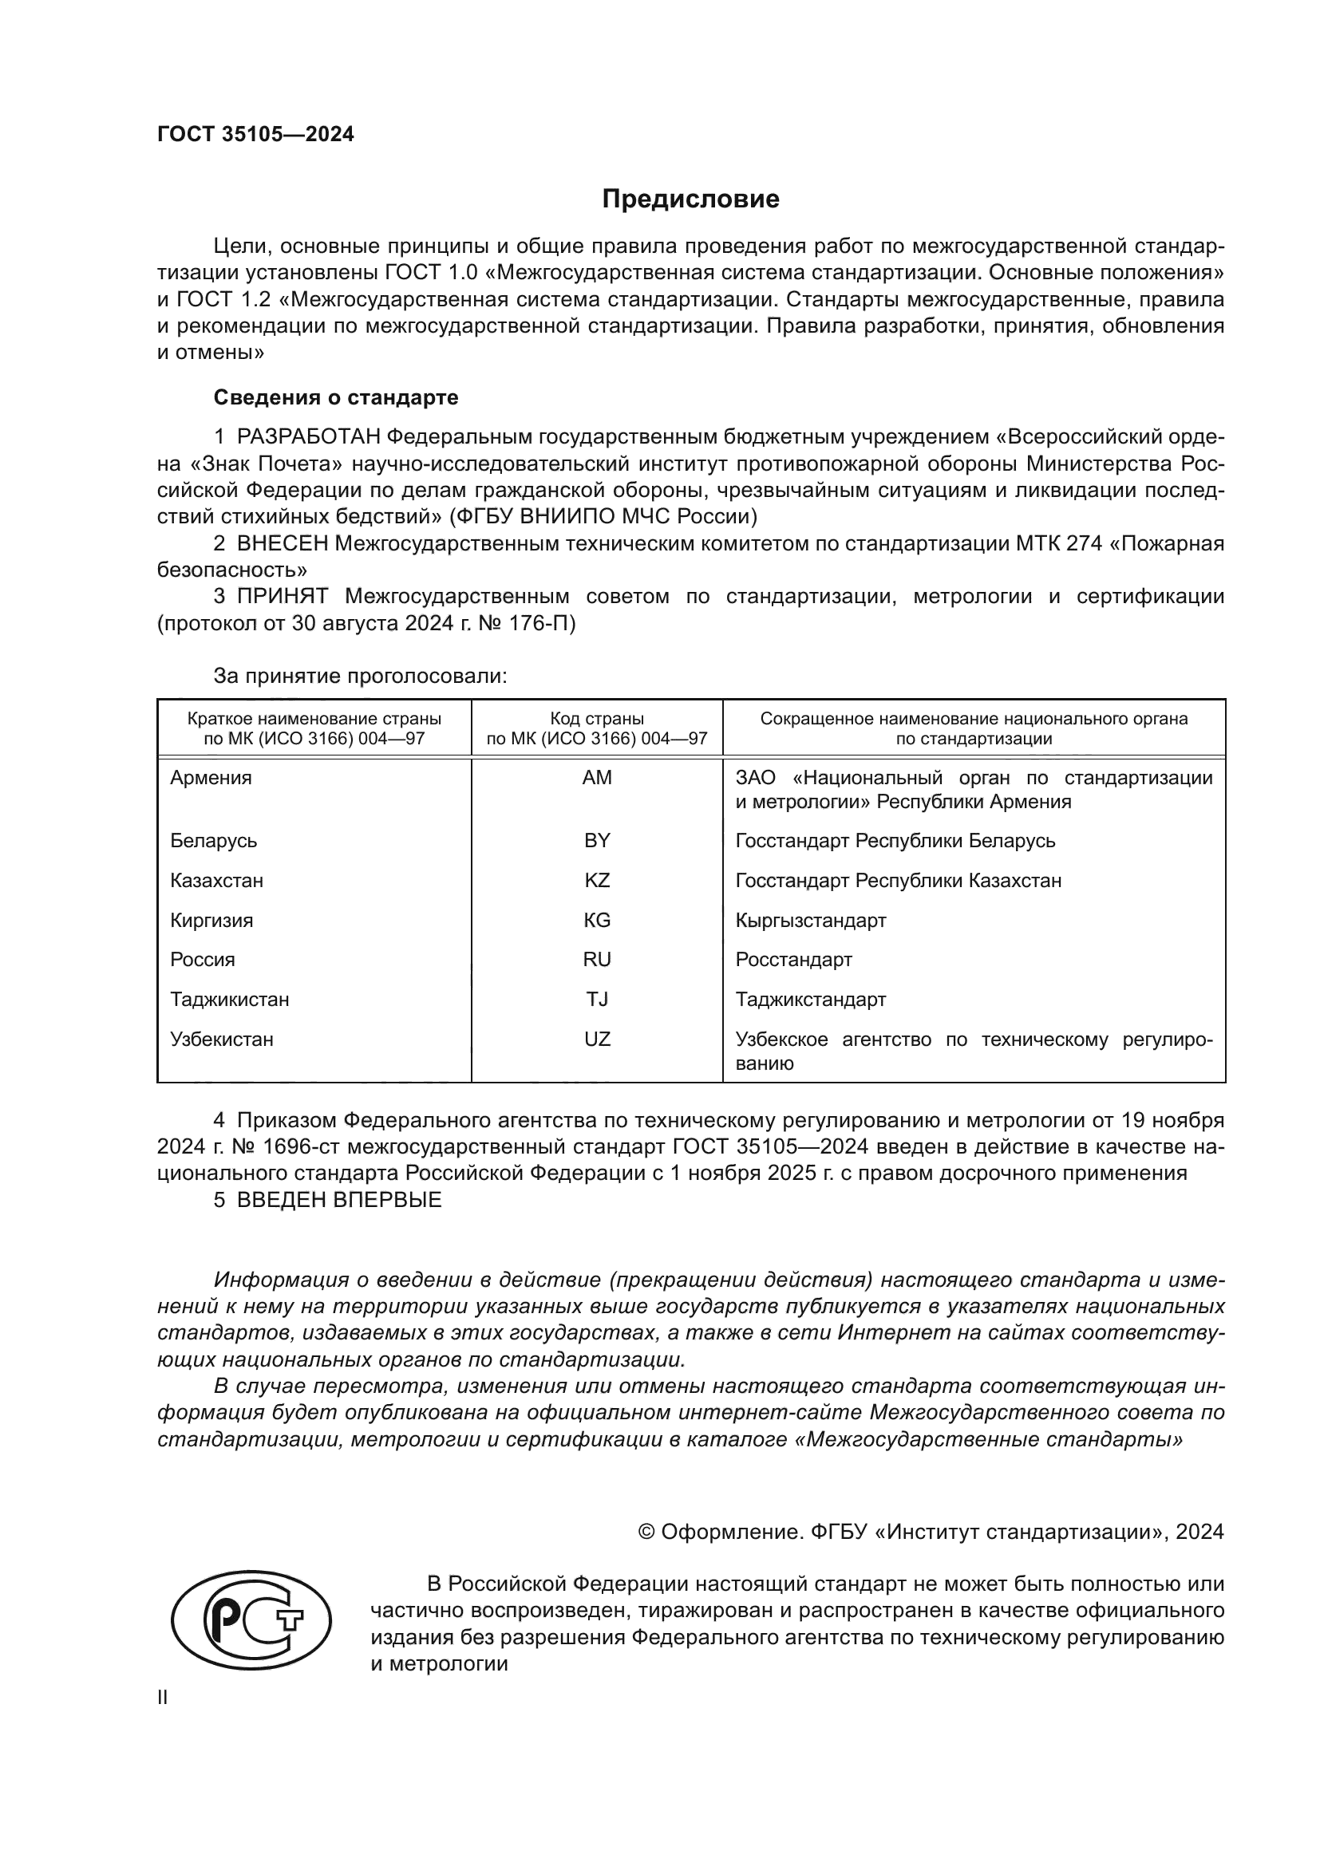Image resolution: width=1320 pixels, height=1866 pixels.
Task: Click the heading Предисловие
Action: (x=690, y=199)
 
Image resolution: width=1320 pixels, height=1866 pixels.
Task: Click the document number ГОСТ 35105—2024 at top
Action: (x=255, y=134)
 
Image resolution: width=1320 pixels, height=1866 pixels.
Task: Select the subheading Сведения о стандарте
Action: (x=336, y=397)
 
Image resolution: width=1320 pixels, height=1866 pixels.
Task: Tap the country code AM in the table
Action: (x=597, y=778)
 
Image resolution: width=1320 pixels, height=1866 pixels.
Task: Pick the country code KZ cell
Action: (x=597, y=880)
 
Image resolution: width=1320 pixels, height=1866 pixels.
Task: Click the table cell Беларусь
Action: (x=214, y=840)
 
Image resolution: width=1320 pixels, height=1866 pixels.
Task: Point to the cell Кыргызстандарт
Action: (x=810, y=920)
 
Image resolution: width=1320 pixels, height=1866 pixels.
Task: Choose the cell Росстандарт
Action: (x=793, y=959)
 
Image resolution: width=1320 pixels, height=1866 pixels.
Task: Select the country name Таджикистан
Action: (x=229, y=999)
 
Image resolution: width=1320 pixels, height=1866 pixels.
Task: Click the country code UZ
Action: (x=597, y=1039)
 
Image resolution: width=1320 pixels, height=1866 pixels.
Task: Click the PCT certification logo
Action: (x=251, y=1619)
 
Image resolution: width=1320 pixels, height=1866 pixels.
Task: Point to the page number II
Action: (x=163, y=1697)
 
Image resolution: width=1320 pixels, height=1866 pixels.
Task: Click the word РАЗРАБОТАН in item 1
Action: (x=308, y=437)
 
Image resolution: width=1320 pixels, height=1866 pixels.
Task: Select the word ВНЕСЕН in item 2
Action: (x=282, y=543)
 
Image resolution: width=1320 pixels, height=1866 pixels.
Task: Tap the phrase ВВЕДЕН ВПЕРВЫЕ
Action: (x=339, y=1200)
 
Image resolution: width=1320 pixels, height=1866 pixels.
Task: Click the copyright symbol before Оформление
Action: (x=646, y=1532)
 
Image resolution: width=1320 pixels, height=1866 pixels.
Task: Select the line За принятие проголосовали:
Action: (x=360, y=676)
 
